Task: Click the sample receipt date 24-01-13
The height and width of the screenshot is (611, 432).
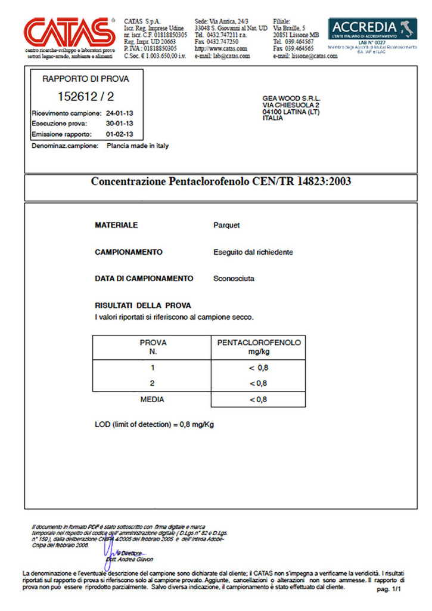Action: tap(119, 113)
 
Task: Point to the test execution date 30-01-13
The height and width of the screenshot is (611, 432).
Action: tap(119, 124)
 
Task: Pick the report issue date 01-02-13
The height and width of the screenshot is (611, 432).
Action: tap(119, 134)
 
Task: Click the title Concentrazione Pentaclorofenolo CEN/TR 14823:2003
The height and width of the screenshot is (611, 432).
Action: tap(220, 181)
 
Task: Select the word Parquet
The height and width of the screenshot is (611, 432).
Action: tap(226, 226)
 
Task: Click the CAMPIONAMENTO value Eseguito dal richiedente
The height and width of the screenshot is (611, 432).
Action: tap(253, 252)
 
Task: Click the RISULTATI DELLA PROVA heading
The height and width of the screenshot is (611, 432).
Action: tap(143, 305)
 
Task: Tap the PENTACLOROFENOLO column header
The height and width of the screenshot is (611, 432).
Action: tap(259, 342)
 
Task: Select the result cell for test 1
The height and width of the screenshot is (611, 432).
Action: tap(259, 368)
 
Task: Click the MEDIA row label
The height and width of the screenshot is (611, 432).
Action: tap(152, 399)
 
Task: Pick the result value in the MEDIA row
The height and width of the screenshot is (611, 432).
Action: tap(259, 399)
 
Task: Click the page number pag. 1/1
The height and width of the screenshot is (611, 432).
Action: tap(390, 589)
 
